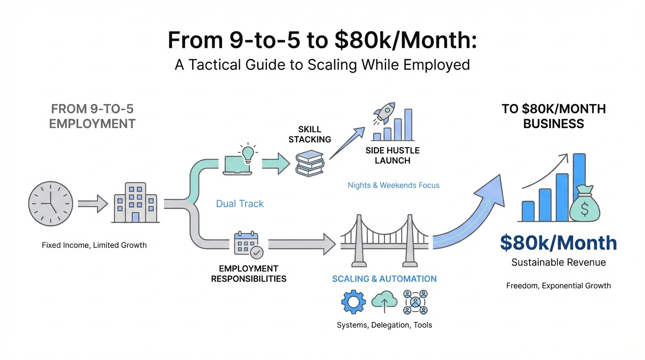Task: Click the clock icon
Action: point(51,204)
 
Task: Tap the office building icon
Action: point(135,203)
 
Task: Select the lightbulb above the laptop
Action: point(247,153)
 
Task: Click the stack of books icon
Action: point(310,164)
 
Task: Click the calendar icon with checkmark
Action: point(248,244)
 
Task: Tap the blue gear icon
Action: point(352,302)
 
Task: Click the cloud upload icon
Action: point(384,302)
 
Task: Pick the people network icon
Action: point(415,302)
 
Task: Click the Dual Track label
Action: point(240,204)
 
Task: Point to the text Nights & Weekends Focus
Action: point(393,185)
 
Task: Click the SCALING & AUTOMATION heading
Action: point(384,279)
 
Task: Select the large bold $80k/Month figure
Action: point(558,243)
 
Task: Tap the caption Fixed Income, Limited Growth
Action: point(94,245)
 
